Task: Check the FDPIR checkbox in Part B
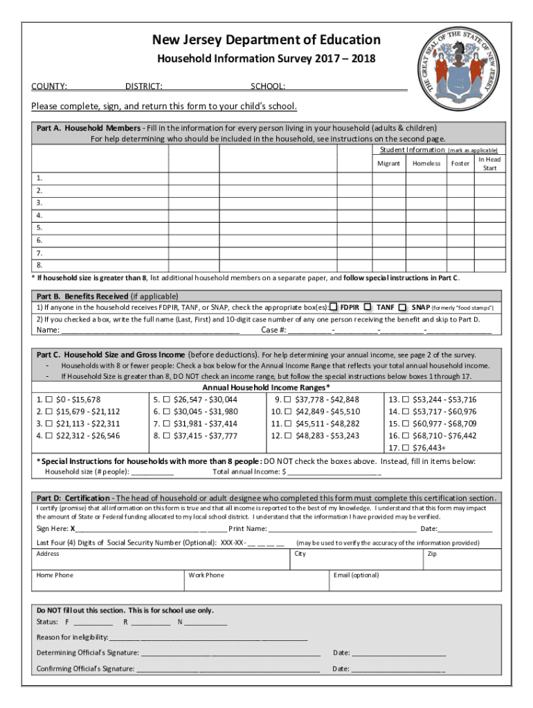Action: click(x=334, y=306)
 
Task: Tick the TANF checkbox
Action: click(x=368, y=306)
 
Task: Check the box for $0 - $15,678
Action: click(x=48, y=400)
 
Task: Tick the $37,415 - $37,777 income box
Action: click(x=166, y=436)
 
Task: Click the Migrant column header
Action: click(x=388, y=164)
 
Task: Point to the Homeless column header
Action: click(x=426, y=164)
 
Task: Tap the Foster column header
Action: click(x=460, y=164)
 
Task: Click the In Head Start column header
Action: click(x=489, y=164)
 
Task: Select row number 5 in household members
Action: click(x=40, y=227)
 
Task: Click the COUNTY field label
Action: click(x=49, y=87)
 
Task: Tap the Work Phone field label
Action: click(x=206, y=575)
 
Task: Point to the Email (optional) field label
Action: click(x=356, y=575)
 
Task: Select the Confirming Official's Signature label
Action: click(x=85, y=669)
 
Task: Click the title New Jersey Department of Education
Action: click(x=266, y=40)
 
